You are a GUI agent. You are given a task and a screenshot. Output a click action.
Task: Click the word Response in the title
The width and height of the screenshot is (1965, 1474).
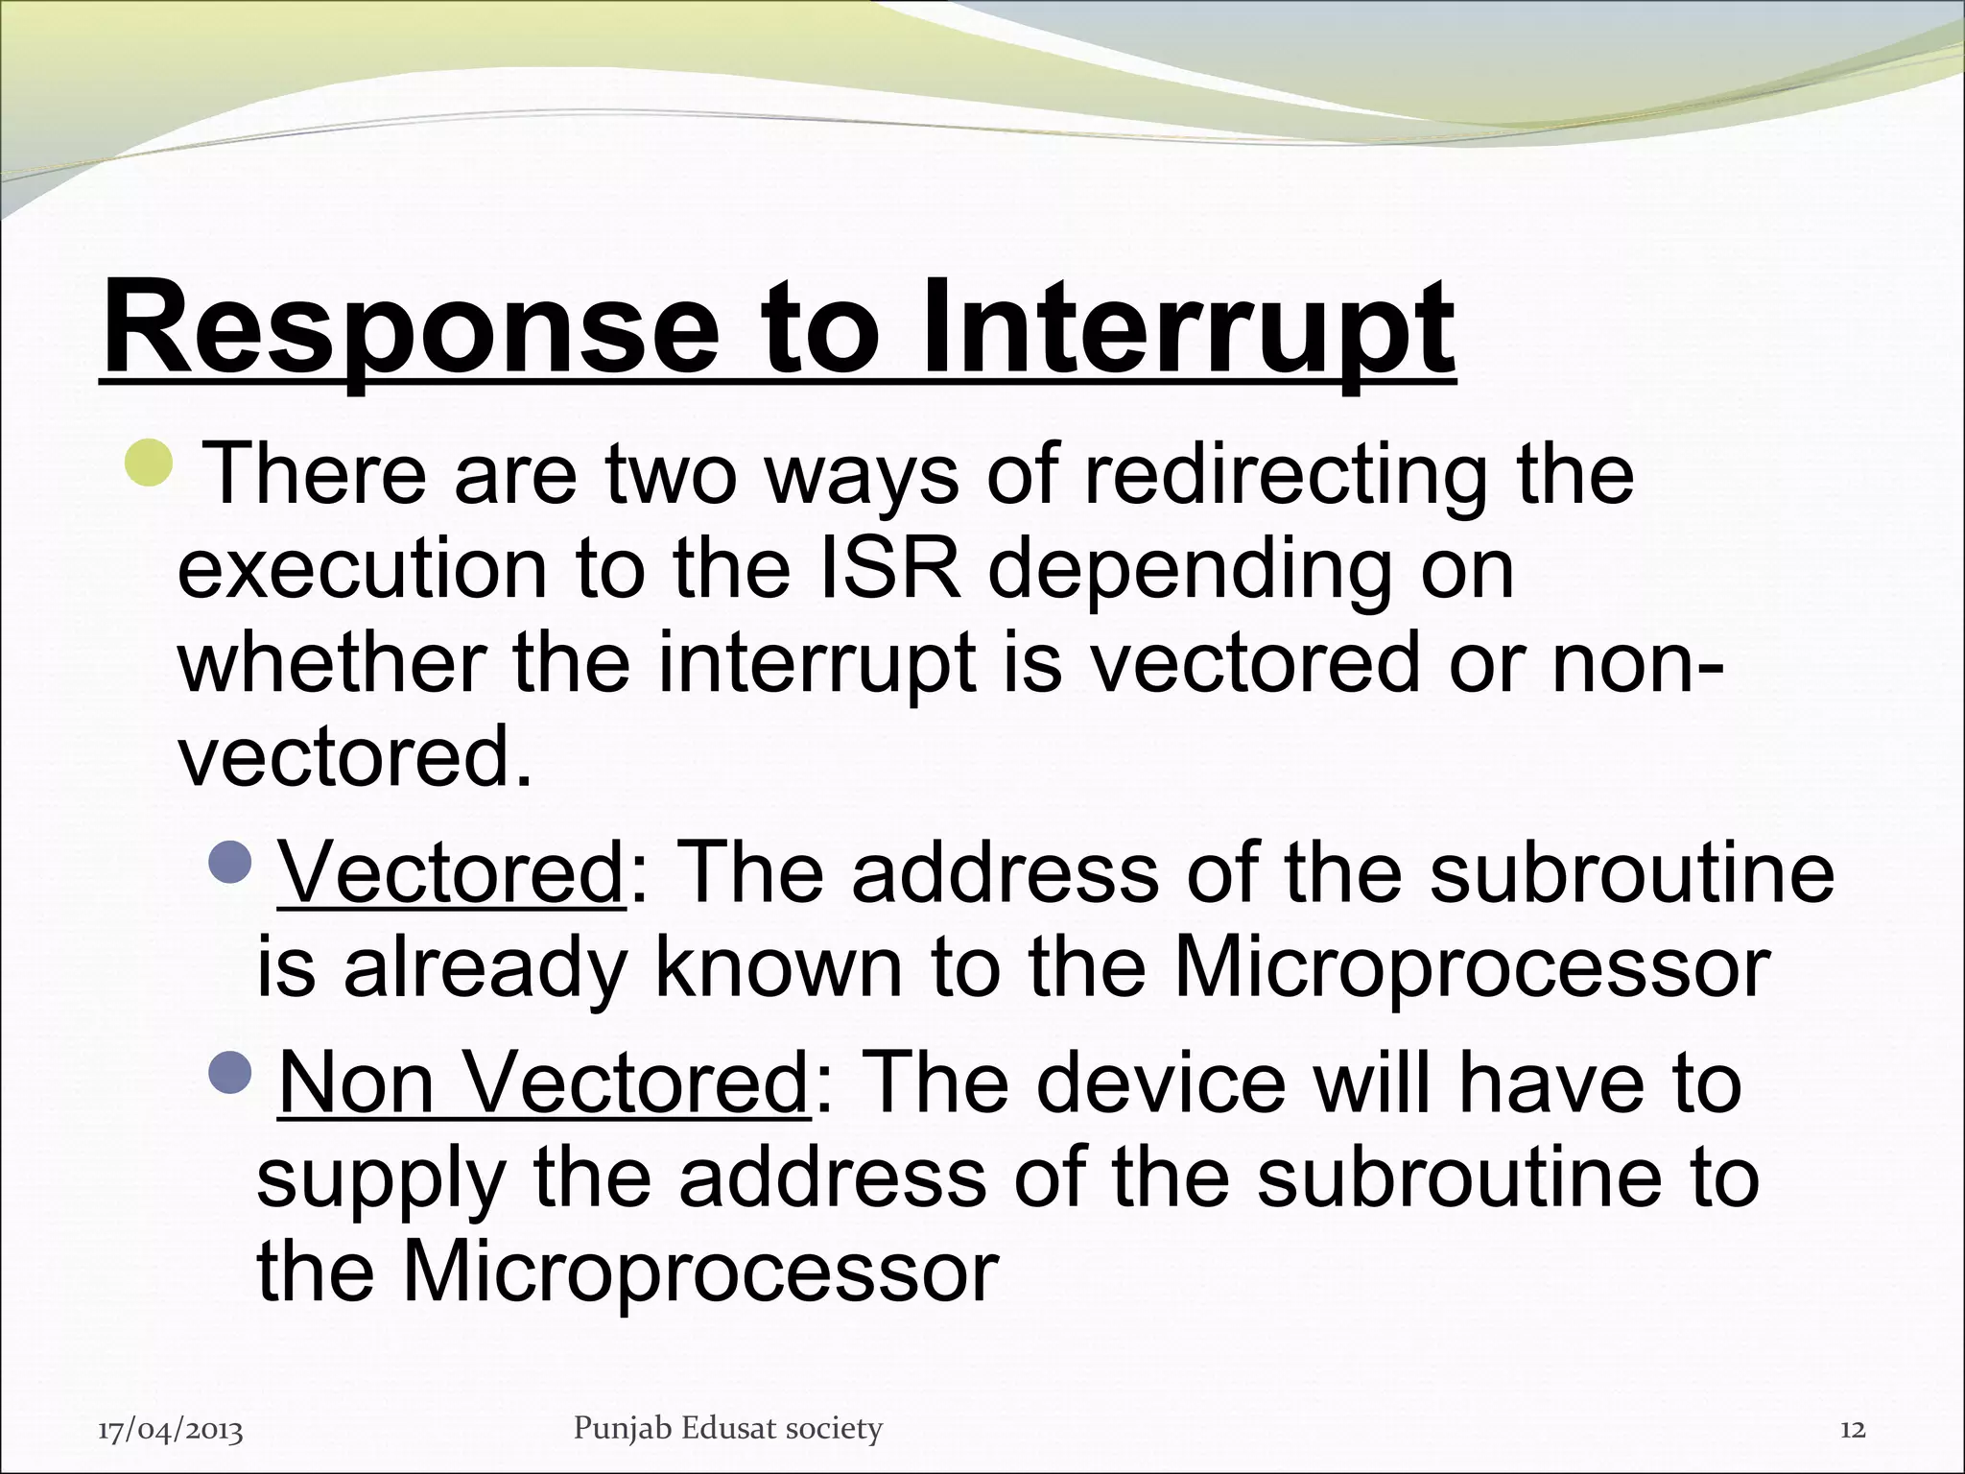click(x=411, y=328)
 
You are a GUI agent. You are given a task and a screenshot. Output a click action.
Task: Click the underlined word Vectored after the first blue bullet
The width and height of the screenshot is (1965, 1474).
click(x=451, y=873)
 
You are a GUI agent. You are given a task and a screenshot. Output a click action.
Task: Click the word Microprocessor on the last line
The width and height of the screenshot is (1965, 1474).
click(x=699, y=1272)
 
